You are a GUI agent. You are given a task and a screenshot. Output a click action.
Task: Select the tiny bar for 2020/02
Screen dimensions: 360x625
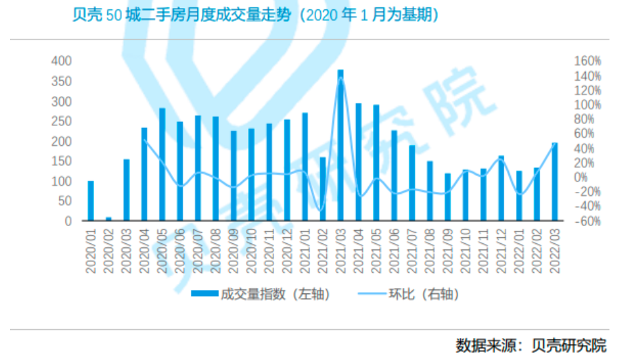click(108, 219)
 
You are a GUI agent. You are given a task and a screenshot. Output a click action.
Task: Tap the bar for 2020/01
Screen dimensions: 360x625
click(91, 201)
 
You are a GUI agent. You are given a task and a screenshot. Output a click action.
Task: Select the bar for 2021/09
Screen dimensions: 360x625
click(448, 197)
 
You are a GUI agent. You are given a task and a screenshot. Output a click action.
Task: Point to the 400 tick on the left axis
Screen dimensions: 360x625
click(61, 61)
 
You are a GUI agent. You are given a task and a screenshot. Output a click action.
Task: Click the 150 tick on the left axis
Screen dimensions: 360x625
click(61, 161)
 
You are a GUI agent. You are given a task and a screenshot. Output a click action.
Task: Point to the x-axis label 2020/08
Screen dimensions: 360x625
click(216, 249)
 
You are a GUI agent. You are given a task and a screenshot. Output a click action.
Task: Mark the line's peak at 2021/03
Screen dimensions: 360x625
click(341, 77)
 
